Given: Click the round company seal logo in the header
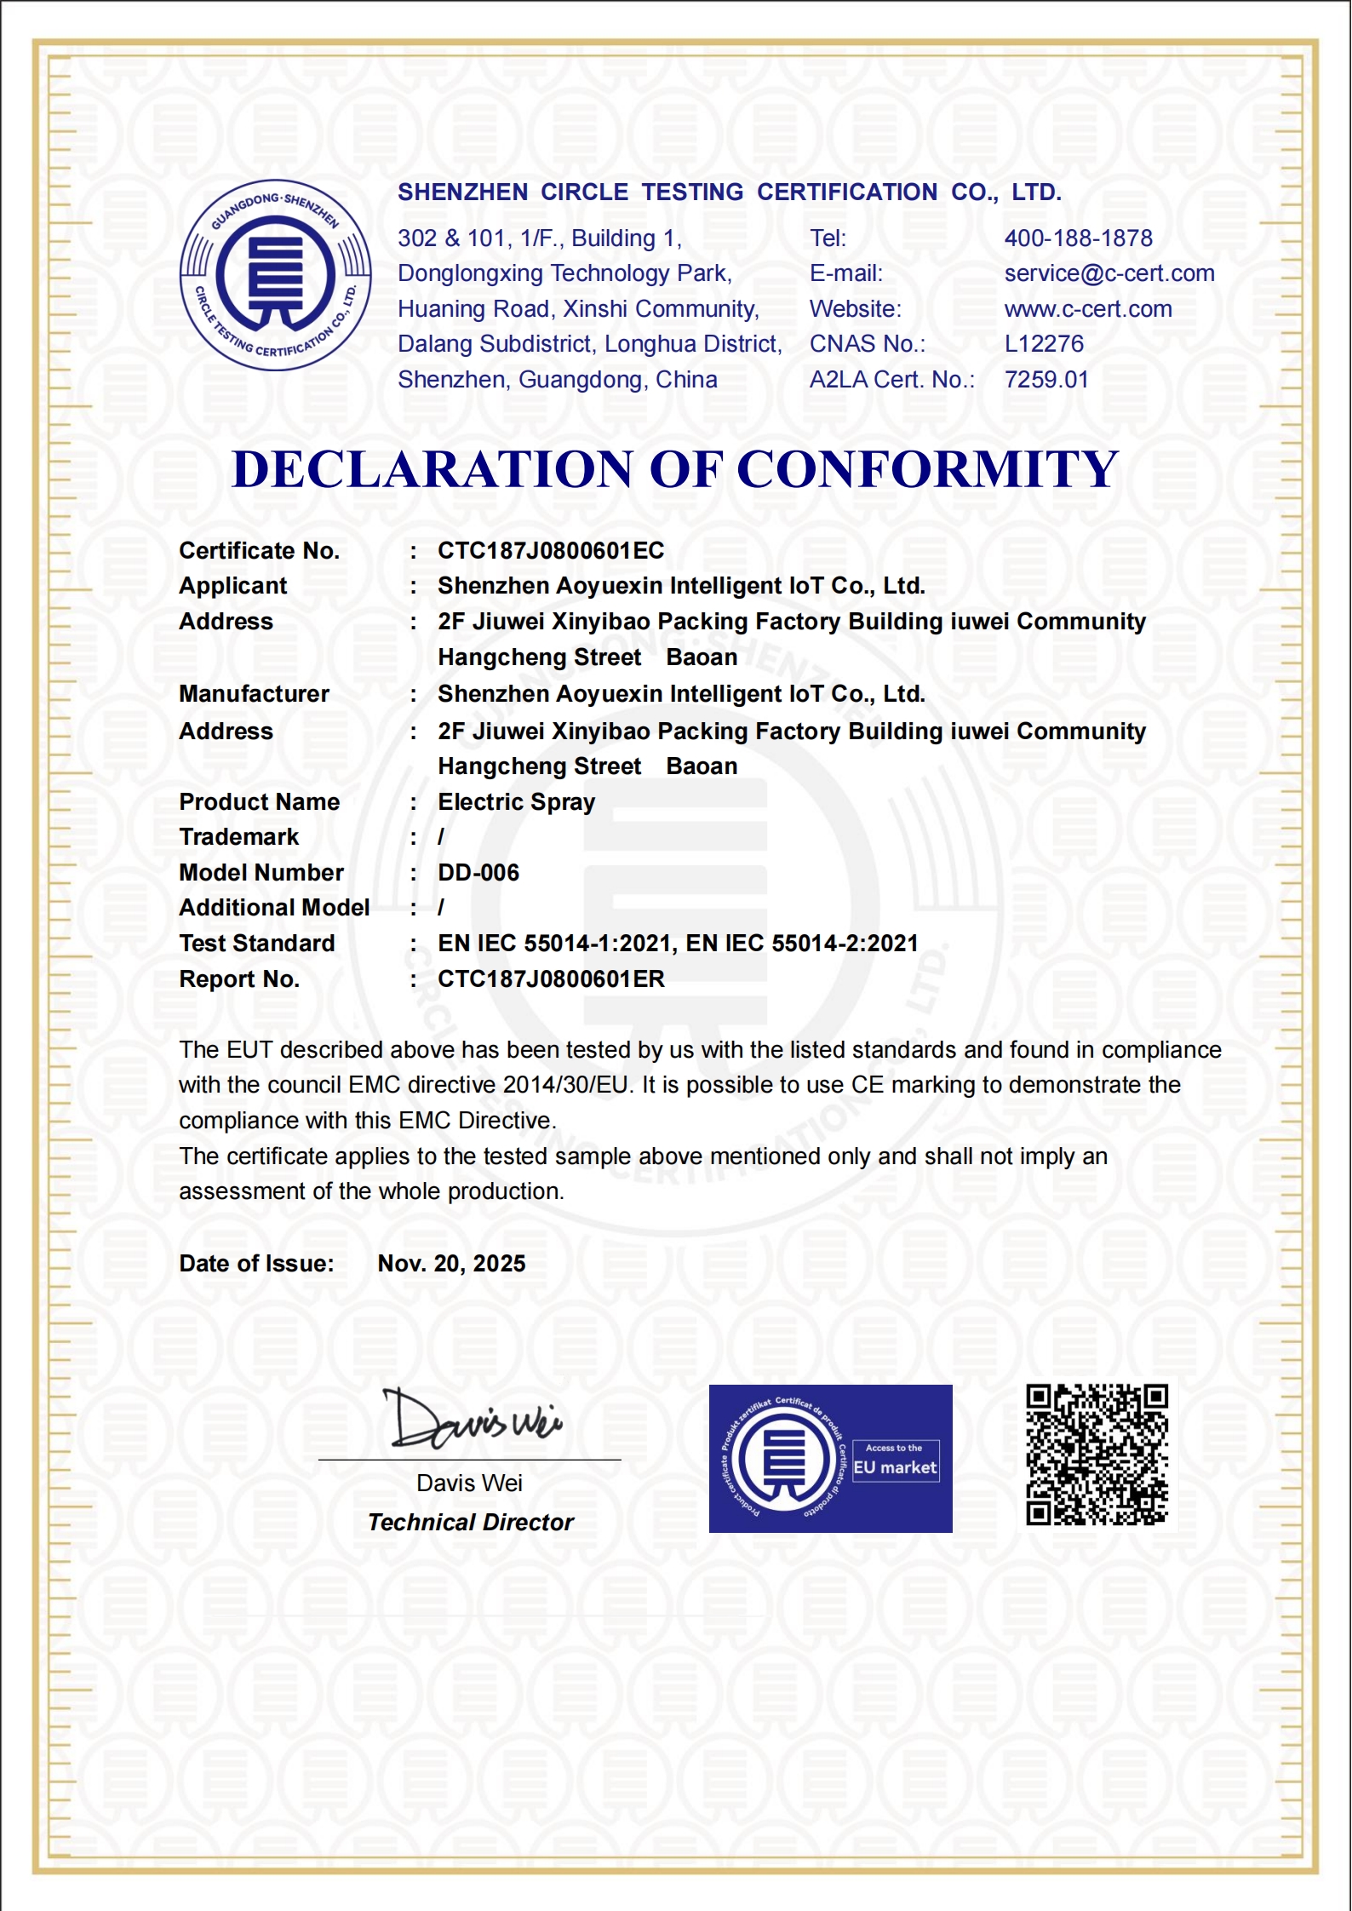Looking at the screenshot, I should (275, 275).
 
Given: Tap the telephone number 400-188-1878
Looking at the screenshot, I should (1078, 238).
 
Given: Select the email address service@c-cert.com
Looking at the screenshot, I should (1109, 273).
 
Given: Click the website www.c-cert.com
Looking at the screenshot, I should (1087, 309).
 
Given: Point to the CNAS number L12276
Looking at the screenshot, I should (1044, 344).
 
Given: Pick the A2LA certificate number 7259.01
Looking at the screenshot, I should (1046, 380).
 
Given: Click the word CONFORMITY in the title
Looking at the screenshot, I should (927, 469).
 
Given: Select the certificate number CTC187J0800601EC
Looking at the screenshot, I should (551, 551).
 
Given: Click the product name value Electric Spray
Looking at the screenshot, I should (516, 802).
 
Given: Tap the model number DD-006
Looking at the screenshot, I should (478, 873).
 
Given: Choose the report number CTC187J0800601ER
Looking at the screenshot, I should (551, 979).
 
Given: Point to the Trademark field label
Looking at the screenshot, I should (239, 837).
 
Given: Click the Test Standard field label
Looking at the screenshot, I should (257, 944).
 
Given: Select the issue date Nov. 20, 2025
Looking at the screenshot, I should (451, 1264).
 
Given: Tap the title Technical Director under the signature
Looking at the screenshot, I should (471, 1523).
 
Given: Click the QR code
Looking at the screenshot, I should (1097, 1455).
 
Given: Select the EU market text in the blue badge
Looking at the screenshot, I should (895, 1467).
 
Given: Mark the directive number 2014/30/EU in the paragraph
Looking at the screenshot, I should (565, 1085).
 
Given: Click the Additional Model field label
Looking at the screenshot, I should (274, 908).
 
